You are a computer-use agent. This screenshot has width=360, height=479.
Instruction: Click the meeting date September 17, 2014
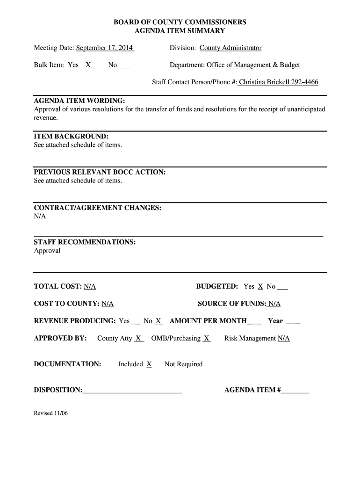point(105,48)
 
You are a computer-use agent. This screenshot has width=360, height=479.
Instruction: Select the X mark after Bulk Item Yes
point(88,65)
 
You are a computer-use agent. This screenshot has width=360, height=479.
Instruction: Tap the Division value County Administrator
point(230,48)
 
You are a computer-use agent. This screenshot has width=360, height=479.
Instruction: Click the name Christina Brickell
point(264,82)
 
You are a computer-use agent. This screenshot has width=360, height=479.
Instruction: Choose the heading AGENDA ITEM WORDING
point(79,101)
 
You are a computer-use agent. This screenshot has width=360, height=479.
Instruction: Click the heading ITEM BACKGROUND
point(71,137)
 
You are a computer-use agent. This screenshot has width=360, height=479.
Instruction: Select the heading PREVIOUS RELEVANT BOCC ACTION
point(100,172)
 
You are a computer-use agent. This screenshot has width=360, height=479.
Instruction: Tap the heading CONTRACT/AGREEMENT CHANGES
point(98,208)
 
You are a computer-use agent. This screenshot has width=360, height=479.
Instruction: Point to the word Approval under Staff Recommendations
point(47,251)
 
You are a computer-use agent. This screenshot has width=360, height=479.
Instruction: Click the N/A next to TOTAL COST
point(90,286)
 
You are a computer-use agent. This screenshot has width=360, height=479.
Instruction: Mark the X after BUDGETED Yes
point(260,286)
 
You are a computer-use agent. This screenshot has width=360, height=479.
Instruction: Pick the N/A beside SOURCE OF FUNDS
point(274,304)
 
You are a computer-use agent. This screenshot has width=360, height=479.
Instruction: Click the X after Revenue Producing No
point(158,321)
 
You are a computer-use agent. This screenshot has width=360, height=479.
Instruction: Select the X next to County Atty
point(138,338)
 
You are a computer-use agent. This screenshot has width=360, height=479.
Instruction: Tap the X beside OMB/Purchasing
point(207,338)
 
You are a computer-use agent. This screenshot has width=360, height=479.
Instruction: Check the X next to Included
point(149,364)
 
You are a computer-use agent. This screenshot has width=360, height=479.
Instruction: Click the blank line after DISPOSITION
point(132,390)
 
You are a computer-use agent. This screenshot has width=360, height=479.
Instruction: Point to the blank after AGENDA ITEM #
point(295,390)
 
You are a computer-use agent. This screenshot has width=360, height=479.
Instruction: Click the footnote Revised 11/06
point(51,414)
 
